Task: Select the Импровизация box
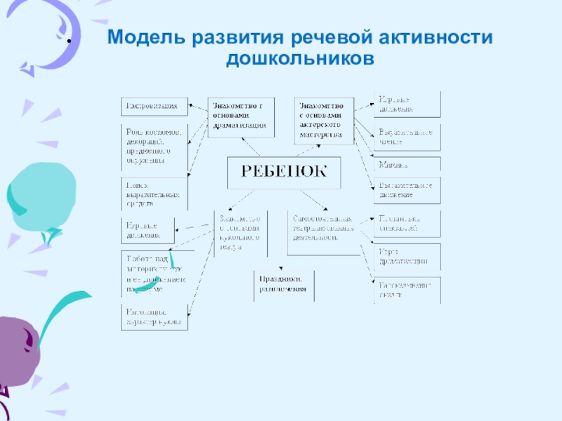(155, 107)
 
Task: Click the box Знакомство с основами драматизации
(241, 116)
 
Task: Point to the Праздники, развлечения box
(284, 285)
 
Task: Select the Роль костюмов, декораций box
(155, 147)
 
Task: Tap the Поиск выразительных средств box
(155, 193)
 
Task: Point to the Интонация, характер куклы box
(155, 318)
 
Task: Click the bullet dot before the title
(69, 41)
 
